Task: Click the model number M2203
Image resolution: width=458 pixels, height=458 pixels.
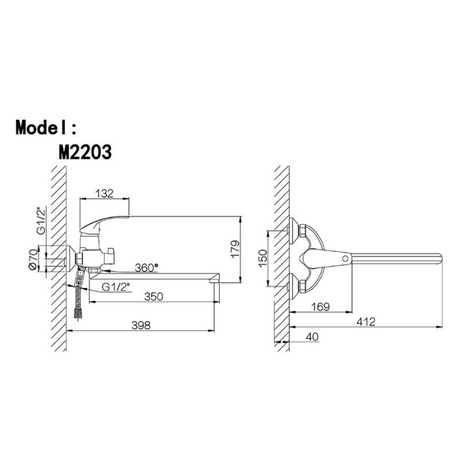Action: coord(85,152)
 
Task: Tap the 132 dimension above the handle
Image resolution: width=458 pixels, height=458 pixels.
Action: coord(105,194)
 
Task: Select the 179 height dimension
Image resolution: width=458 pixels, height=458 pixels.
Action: coord(235,249)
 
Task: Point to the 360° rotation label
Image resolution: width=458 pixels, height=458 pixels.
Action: coord(147,268)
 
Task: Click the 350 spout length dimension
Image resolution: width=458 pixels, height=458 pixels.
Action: coord(154,296)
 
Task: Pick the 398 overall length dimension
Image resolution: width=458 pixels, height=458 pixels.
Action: coord(141,325)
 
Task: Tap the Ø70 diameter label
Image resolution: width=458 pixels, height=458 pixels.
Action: coord(33,259)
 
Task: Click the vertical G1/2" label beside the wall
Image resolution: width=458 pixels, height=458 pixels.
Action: coord(41,220)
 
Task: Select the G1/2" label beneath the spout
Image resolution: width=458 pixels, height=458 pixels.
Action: coord(116,287)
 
